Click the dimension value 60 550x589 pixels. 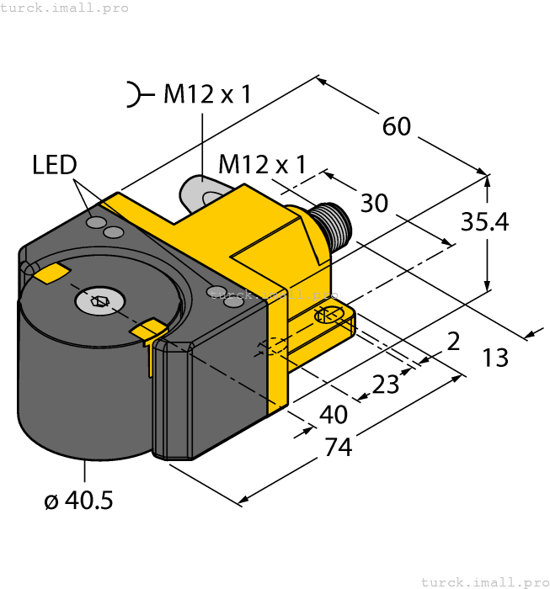pos(396,126)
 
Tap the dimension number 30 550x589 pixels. pos(374,203)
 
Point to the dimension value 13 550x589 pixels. pos(495,358)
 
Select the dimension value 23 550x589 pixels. pos(386,384)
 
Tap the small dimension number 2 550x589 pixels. pos(453,341)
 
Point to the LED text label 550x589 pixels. pos(55,165)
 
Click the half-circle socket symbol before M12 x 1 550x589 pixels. pos(134,95)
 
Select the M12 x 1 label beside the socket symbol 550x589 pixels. pos(207,95)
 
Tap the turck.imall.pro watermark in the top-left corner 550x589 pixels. pos(65,8)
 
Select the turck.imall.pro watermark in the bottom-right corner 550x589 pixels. pos(483,581)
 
